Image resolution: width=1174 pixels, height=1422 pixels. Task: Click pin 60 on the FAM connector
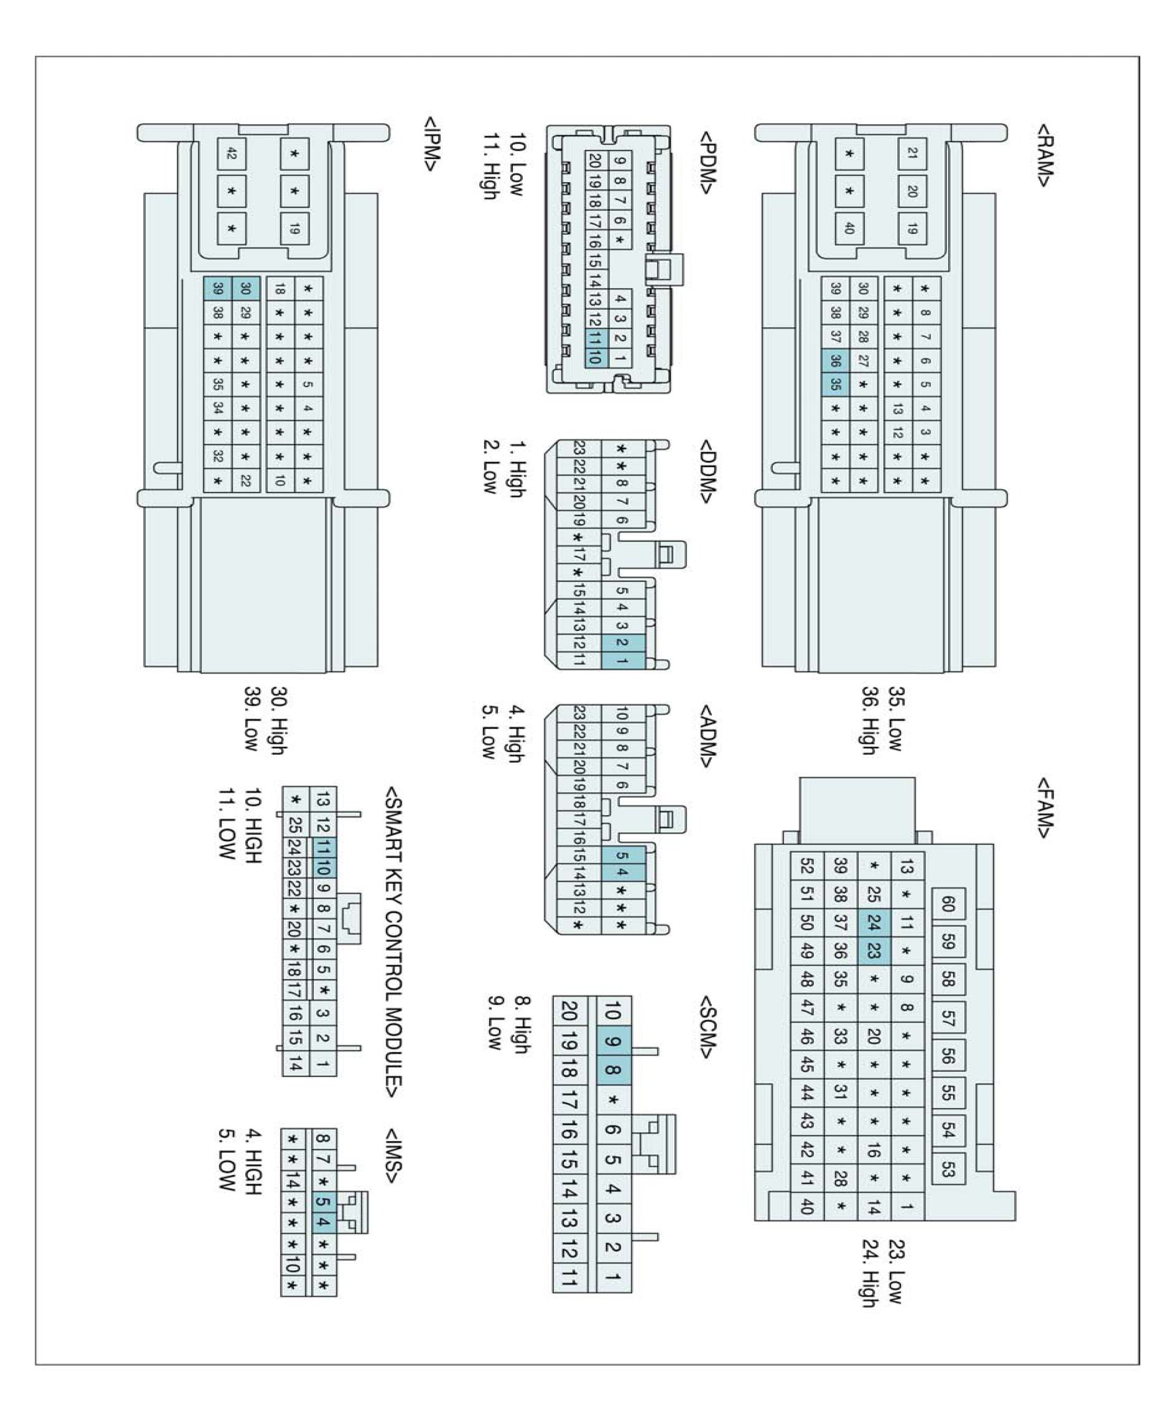tap(948, 904)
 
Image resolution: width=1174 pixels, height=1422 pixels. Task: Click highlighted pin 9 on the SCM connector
tap(613, 1041)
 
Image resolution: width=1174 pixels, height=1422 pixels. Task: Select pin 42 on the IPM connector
tap(231, 155)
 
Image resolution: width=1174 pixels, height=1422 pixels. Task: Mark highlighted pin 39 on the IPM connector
tap(218, 288)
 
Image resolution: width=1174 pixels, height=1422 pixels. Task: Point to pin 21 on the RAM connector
tap(912, 154)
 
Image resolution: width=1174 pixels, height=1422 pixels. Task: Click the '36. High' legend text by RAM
tap(870, 720)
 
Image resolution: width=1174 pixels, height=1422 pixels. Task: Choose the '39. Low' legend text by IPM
tap(252, 719)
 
